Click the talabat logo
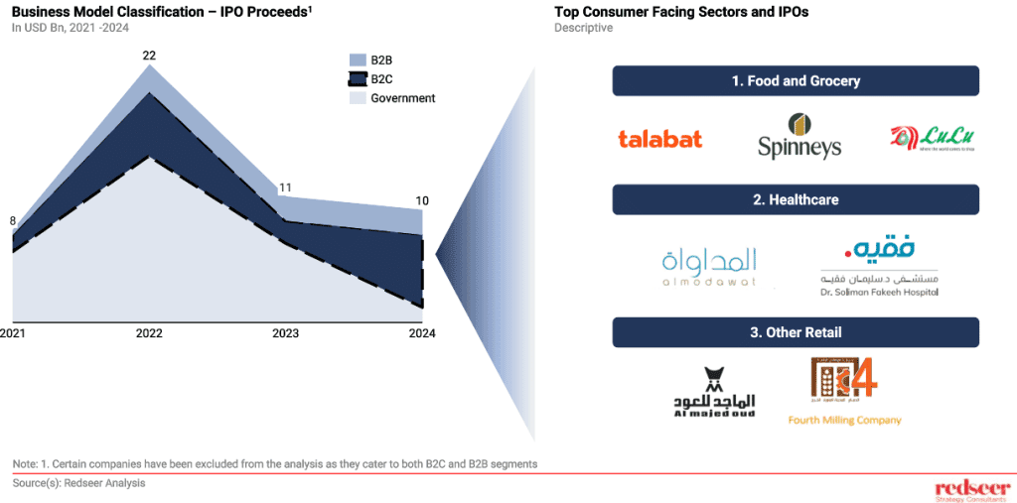659,139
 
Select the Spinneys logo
799,137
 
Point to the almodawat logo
708,266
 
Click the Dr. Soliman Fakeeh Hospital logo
879,266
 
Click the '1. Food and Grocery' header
796,80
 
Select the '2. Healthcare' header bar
796,199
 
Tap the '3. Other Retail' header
796,332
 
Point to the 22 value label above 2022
149,56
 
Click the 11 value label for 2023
284,188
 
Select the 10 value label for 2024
422,200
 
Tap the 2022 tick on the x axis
149,333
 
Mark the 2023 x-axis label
286,333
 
